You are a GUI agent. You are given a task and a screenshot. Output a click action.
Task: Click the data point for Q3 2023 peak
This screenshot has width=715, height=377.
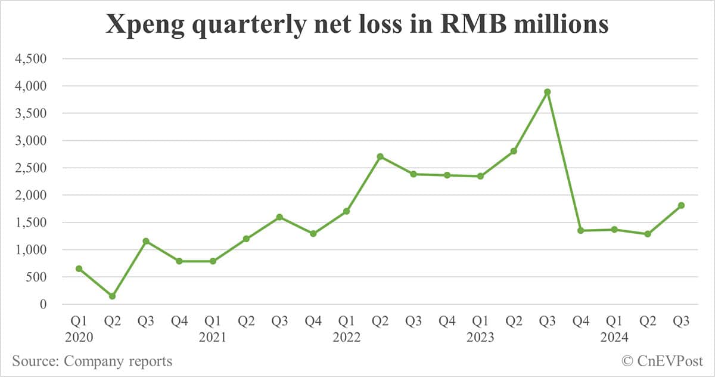pos(547,92)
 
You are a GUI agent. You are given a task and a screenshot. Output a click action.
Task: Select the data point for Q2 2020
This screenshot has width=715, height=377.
pos(112,296)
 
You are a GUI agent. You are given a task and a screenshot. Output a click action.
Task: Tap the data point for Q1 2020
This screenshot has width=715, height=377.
pos(79,268)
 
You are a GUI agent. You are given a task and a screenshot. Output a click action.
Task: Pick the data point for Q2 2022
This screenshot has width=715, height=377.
pos(380,157)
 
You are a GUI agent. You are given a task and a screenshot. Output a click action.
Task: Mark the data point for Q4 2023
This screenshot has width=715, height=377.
pos(581,230)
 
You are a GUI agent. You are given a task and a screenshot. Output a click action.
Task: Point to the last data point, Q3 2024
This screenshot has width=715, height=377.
pos(681,205)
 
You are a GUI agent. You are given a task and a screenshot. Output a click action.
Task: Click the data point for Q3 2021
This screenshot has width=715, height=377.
pos(279,217)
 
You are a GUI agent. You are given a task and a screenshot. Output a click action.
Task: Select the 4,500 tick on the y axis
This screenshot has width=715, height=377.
pos(32,59)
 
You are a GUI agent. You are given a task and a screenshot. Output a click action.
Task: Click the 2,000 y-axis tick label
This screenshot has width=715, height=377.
pos(32,195)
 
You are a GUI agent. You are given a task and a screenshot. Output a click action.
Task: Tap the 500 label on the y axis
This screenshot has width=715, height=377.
pos(37,277)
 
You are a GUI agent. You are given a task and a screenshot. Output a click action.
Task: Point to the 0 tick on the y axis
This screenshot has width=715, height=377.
pos(42,304)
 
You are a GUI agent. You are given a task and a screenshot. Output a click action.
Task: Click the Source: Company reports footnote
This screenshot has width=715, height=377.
pos(92,361)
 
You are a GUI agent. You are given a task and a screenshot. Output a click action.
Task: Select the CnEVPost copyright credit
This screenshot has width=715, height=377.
pos(662,361)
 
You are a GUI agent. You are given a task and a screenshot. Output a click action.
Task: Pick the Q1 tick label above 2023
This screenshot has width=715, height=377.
pos(480,321)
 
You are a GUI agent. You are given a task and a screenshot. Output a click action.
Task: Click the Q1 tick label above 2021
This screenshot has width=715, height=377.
pos(213,321)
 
